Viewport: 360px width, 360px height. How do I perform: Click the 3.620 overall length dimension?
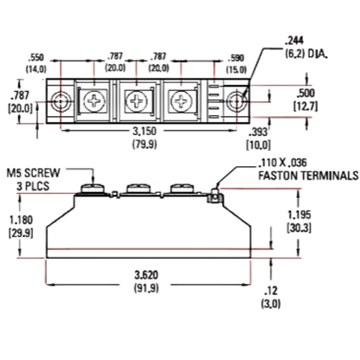tap(146, 275)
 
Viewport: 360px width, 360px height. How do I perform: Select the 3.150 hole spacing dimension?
tap(145, 132)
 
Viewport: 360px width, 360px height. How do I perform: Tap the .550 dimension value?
tap(36, 57)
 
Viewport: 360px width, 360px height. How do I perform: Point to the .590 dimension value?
tap(236, 58)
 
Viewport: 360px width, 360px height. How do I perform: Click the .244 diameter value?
tap(294, 41)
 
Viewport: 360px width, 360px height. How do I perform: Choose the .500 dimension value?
tap(305, 93)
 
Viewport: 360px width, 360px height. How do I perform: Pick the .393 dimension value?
tap(259, 132)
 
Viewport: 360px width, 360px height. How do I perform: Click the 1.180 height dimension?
tap(21, 220)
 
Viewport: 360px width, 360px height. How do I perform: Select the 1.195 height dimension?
tap(299, 215)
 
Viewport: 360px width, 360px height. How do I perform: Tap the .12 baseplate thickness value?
tap(271, 291)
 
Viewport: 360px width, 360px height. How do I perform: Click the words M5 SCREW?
tap(34, 173)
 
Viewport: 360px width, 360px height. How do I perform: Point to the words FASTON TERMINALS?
tap(308, 176)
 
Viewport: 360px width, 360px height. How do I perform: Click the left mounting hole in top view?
tap(61, 101)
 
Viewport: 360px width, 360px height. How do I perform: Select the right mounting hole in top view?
tap(236, 101)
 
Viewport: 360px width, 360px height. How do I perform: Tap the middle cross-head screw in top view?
tap(136, 101)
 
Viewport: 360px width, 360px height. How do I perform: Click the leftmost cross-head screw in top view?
tap(93, 101)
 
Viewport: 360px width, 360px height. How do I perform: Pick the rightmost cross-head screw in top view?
tap(180, 101)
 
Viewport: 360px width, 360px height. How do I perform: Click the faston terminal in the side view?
tap(215, 196)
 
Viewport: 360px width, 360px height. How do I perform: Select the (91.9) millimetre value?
tap(146, 288)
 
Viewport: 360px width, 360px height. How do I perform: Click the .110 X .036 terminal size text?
tap(283, 163)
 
